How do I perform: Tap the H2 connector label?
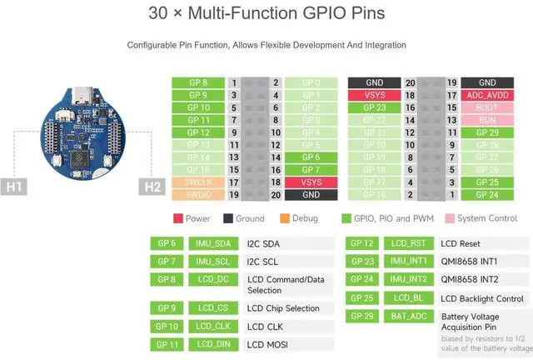pos(152,187)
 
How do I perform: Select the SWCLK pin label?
pos(194,181)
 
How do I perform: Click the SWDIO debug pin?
pos(194,194)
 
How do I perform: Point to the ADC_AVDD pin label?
pos(487,96)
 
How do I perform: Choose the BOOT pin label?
pos(487,108)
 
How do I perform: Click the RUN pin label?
pos(487,121)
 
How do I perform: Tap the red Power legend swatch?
pos(177,219)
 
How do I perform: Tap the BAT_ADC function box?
pos(408,317)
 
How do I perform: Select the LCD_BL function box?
pos(408,298)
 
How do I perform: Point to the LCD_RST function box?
pos(408,243)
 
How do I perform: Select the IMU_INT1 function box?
pos(408,261)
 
